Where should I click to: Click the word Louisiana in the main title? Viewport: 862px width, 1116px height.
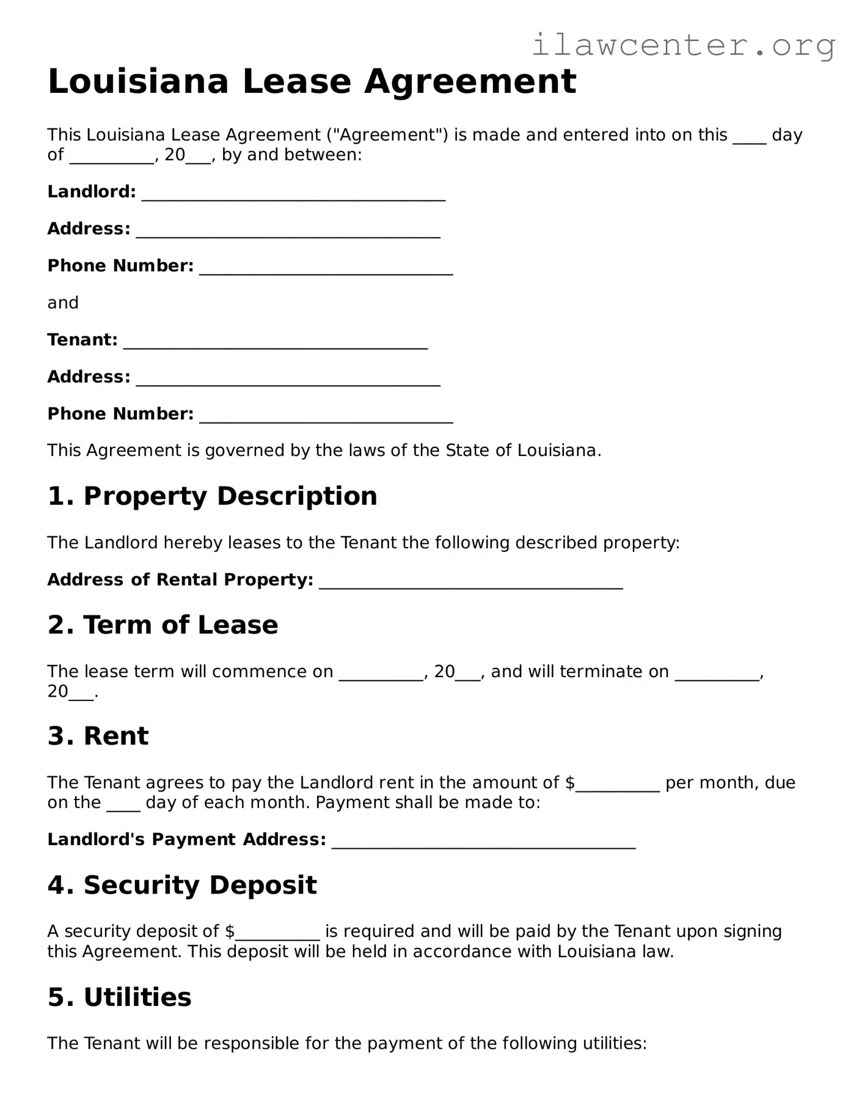[x=138, y=81]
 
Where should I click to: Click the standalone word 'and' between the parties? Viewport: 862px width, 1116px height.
[x=63, y=303]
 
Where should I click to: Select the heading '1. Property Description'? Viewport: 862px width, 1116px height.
[x=212, y=496]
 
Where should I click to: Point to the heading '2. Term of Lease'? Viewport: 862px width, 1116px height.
[x=163, y=625]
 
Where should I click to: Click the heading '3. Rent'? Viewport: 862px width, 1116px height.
[x=98, y=736]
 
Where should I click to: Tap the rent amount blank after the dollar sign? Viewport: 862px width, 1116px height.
[x=618, y=786]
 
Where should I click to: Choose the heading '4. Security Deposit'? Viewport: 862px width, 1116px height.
[x=182, y=885]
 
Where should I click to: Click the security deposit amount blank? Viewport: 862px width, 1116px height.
[x=277, y=934]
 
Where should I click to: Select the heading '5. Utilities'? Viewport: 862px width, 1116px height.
[x=119, y=997]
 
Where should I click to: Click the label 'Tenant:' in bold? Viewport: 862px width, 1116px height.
[x=82, y=340]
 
